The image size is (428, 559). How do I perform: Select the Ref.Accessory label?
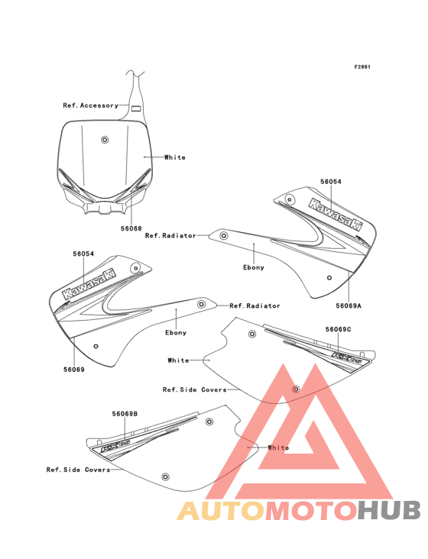coord(90,105)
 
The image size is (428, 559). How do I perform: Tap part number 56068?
coord(131,228)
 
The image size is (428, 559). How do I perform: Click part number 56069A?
coord(348,305)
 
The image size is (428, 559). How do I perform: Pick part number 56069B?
coord(125,413)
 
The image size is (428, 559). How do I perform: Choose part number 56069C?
coord(337,329)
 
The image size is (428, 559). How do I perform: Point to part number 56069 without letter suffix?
coord(73,369)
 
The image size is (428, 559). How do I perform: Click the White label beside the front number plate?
coord(174,157)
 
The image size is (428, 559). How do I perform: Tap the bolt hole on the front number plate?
coord(105,139)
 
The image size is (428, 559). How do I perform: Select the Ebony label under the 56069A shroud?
coord(253,267)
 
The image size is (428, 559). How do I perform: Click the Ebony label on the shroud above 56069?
coord(176,332)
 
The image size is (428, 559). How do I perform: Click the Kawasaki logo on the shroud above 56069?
coord(89,283)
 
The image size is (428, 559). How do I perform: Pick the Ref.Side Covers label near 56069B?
coord(78,470)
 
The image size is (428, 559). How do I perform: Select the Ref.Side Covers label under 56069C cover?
coord(194,389)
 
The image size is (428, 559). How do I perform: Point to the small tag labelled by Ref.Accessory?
coord(135,108)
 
